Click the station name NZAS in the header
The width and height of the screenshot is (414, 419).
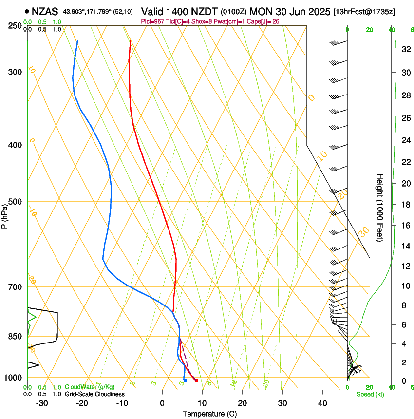pyautogui.click(x=45, y=11)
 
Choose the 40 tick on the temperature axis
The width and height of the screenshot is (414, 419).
pyautogui.click(x=322, y=403)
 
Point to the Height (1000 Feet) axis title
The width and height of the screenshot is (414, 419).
pyautogui.click(x=380, y=207)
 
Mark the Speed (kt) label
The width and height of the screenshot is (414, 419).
pyautogui.click(x=370, y=394)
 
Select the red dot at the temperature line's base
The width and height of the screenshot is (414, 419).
pyautogui.click(x=196, y=380)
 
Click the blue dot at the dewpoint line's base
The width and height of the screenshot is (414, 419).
pyautogui.click(x=185, y=380)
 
